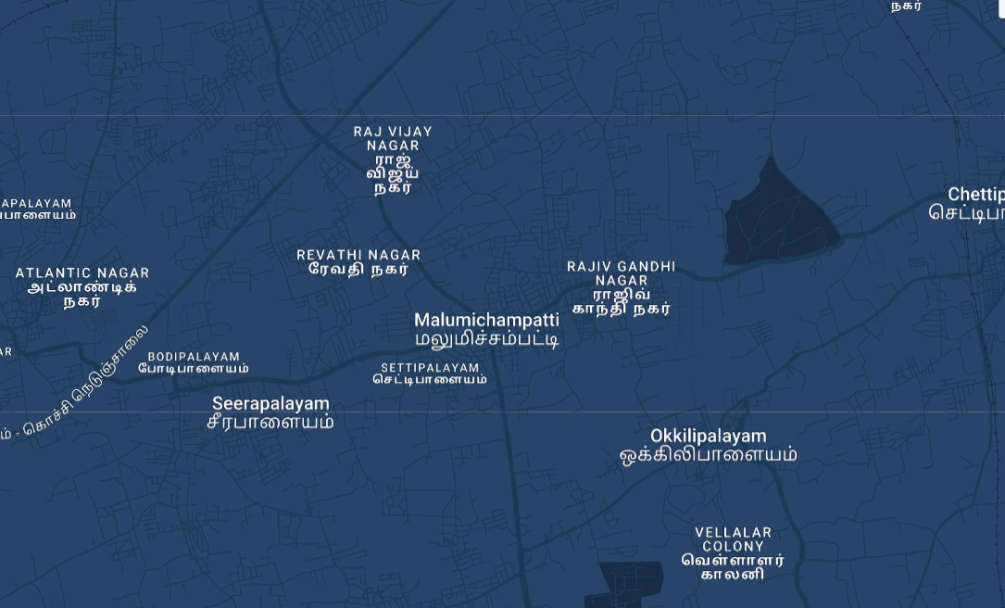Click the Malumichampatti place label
486,321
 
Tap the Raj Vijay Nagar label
393,138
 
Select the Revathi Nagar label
358,255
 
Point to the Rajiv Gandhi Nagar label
621,272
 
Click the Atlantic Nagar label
82,273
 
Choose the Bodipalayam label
194,357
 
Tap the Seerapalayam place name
270,404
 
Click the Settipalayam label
430,368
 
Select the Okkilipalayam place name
709,436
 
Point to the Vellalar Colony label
734,539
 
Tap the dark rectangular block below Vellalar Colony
630,582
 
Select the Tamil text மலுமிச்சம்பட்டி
486,339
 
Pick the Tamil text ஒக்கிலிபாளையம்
709,455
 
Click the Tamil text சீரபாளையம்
270,422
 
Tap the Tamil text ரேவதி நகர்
358,270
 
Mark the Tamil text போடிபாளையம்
194,369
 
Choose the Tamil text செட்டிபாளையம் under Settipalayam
430,379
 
